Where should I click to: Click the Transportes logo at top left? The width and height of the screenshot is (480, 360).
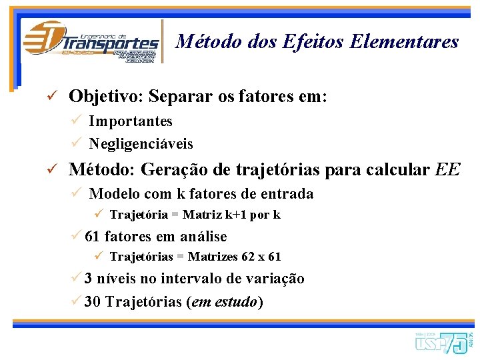point(91,41)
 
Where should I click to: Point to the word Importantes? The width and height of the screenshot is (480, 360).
point(131,121)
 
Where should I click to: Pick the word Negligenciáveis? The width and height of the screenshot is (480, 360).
point(141,143)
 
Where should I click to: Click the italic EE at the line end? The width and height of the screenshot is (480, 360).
point(447,169)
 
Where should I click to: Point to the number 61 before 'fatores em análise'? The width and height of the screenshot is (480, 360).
point(93,237)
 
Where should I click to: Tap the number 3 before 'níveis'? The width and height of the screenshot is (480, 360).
point(89,279)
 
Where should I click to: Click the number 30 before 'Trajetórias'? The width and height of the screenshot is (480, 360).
point(93,301)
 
